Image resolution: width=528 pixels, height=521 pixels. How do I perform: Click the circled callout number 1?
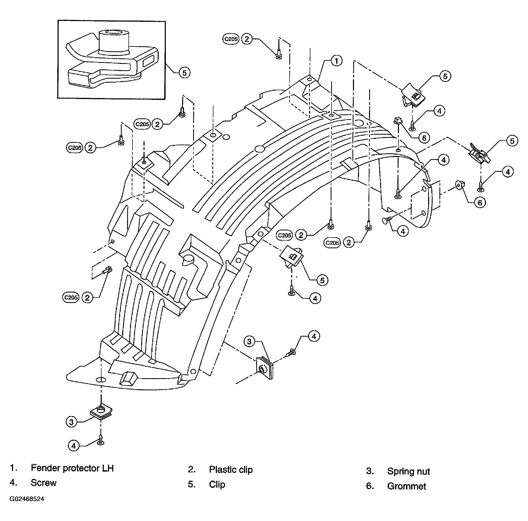pos(336,61)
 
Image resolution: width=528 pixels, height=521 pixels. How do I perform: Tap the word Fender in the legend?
pos(45,468)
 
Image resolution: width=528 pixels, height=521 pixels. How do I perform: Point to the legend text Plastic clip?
pos(231,469)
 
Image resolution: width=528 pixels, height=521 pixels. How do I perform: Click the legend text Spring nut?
pos(408,471)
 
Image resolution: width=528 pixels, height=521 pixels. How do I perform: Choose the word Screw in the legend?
pos(43,483)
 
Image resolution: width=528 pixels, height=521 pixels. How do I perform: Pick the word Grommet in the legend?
pos(406,486)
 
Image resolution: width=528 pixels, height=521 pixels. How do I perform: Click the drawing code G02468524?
pos(27,499)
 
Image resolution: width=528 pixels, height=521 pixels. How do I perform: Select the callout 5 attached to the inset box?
pos(184,73)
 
